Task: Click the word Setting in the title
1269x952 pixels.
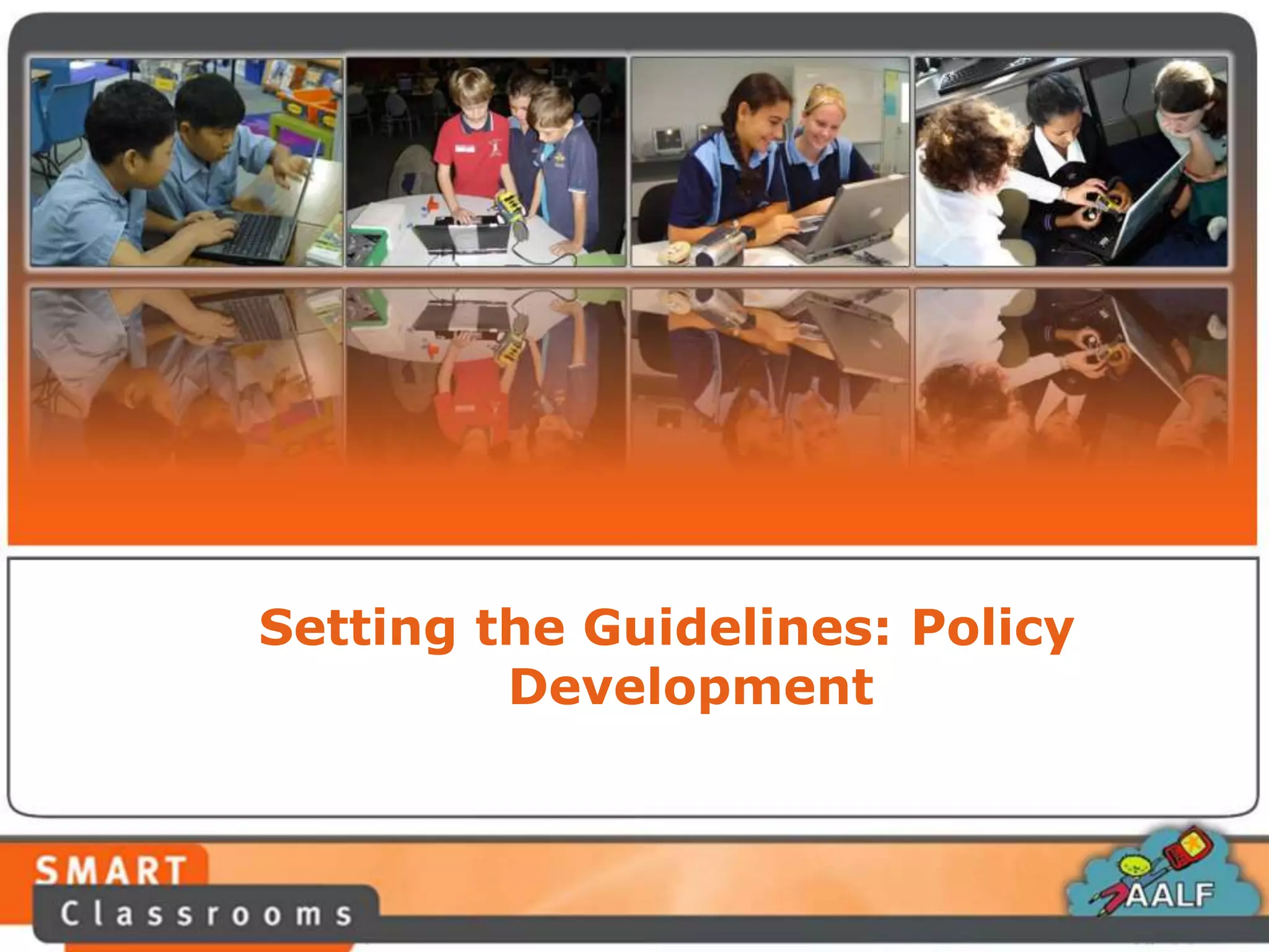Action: click(357, 628)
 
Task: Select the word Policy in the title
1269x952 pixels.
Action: click(992, 628)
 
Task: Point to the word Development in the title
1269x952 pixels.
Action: click(691, 688)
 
